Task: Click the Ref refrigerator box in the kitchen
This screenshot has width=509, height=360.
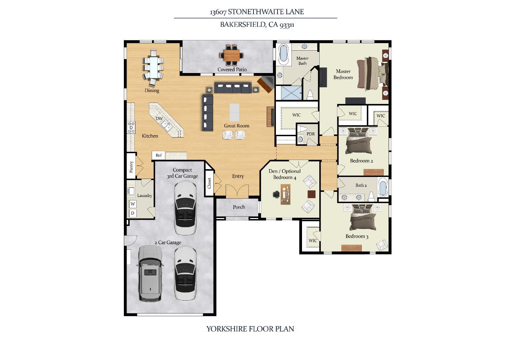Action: coord(158,156)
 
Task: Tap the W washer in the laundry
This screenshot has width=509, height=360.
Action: coord(133,204)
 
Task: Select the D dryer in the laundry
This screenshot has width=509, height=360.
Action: coord(133,213)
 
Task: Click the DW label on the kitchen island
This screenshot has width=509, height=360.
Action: coord(159,119)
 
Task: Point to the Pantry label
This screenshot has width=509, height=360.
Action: coord(131,167)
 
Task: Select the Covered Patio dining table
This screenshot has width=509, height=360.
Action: coord(231,55)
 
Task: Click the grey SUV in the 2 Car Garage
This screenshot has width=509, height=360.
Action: coord(150,274)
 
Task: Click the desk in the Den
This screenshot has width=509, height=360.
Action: coord(285,195)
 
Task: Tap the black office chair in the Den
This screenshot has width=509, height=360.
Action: coord(276,195)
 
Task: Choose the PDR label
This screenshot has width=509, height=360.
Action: coord(310,134)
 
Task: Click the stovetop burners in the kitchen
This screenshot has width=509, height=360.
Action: coord(131,128)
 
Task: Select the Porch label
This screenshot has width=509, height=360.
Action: coord(239,207)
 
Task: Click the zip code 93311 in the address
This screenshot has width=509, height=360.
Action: coord(287,25)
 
